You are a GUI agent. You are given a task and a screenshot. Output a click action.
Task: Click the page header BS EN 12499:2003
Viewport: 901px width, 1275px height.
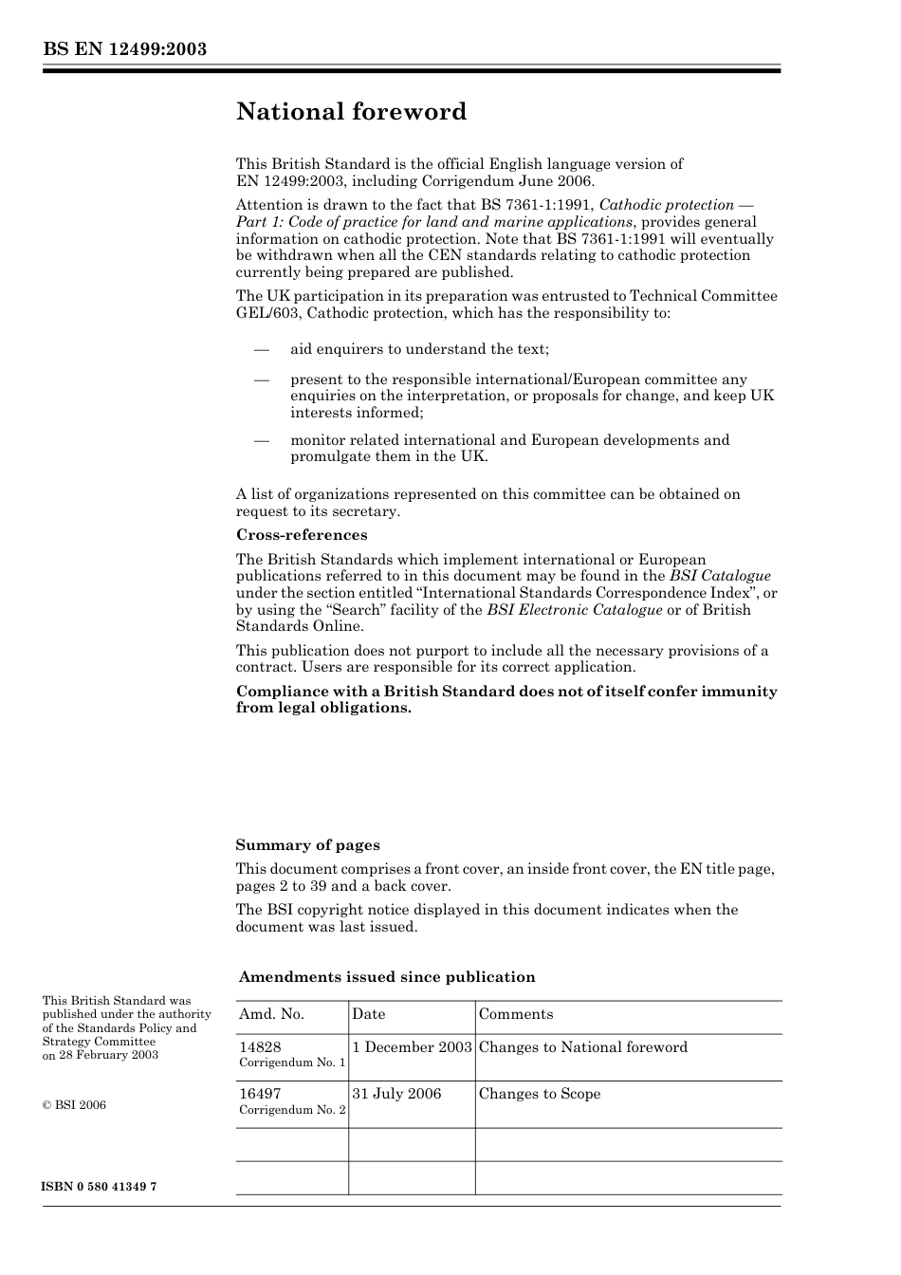click(124, 49)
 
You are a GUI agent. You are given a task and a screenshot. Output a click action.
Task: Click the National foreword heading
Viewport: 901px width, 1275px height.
click(351, 112)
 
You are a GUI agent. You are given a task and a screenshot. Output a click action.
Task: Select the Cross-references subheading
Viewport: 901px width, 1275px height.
click(302, 535)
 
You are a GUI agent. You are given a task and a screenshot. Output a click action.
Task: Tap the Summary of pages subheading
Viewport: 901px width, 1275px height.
click(307, 845)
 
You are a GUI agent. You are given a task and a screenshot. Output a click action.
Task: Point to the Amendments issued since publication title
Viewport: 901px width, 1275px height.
click(387, 977)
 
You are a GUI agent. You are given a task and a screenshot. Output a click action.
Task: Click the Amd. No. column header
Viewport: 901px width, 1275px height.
click(271, 1014)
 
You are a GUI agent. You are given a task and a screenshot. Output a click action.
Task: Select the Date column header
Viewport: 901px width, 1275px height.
click(369, 1014)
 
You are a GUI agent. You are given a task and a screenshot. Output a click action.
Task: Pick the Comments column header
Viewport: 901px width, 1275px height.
click(516, 1014)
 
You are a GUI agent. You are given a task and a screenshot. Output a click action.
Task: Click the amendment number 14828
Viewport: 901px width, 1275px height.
click(260, 1047)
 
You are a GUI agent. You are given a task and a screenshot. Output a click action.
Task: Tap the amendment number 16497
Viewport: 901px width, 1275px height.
click(260, 1094)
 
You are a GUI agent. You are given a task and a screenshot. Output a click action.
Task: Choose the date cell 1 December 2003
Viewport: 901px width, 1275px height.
click(412, 1047)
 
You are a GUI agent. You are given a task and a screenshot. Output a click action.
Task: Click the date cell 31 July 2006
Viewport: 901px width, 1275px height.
click(396, 1094)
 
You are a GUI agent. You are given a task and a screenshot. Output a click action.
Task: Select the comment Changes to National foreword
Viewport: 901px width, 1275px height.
click(583, 1047)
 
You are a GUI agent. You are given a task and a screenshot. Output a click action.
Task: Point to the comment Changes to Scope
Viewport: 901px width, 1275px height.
click(540, 1094)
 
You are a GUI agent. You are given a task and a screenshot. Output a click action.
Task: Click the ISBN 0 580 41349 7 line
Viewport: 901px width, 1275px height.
click(100, 1188)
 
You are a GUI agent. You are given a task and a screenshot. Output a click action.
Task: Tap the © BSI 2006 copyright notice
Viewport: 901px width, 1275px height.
click(74, 1105)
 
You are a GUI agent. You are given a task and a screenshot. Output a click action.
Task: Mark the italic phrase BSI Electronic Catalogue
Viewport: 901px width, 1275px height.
click(575, 610)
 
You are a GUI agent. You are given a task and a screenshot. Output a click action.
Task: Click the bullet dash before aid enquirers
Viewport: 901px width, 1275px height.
click(262, 349)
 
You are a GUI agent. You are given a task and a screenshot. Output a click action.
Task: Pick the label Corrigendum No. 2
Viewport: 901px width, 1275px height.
click(292, 1110)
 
